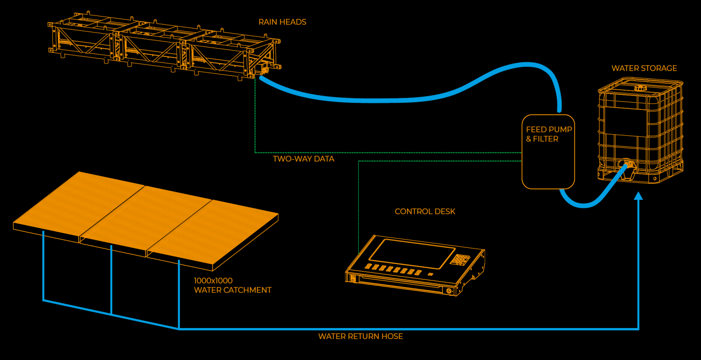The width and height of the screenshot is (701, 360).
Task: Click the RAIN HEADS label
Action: tap(282, 22)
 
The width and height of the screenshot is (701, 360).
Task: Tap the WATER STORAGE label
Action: tap(644, 68)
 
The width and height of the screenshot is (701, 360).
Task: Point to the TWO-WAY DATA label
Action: tap(303, 159)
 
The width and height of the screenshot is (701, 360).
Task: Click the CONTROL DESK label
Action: tap(425, 212)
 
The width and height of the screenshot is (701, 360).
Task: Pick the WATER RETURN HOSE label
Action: tap(361, 337)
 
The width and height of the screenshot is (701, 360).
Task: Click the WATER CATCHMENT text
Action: tap(233, 290)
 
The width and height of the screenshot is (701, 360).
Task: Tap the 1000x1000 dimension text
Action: tap(213, 281)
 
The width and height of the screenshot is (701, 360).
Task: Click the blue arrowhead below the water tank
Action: tap(638, 196)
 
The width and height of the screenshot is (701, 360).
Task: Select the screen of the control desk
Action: tap(412, 254)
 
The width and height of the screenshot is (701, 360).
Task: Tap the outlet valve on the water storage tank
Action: tap(628, 165)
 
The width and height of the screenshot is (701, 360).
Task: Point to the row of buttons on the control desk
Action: tap(392, 270)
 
